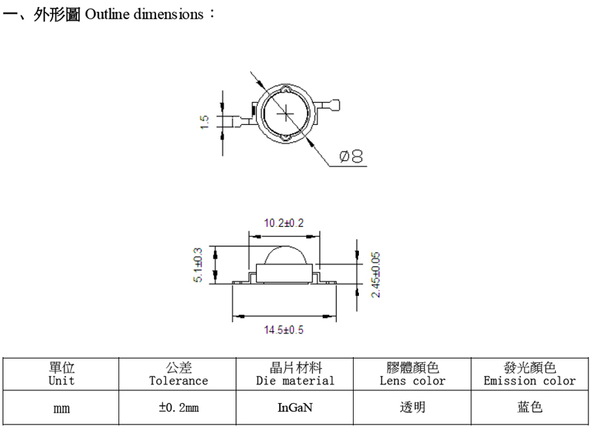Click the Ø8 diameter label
[x=351, y=156]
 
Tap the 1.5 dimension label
[x=203, y=122]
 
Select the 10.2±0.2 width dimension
[x=283, y=223]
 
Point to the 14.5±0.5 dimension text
[x=283, y=330]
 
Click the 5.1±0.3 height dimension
[x=198, y=265]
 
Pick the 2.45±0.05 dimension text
[x=375, y=275]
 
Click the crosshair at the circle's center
[x=286, y=114]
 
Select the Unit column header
[x=61, y=373]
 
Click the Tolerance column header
[x=178, y=373]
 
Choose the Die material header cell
[x=295, y=373]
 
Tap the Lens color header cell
[x=412, y=373]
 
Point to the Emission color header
[x=530, y=373]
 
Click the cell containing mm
[x=61, y=407]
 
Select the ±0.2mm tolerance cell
[x=178, y=407]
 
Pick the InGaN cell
[x=295, y=407]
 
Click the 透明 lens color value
[x=412, y=407]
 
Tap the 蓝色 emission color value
[x=530, y=407]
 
